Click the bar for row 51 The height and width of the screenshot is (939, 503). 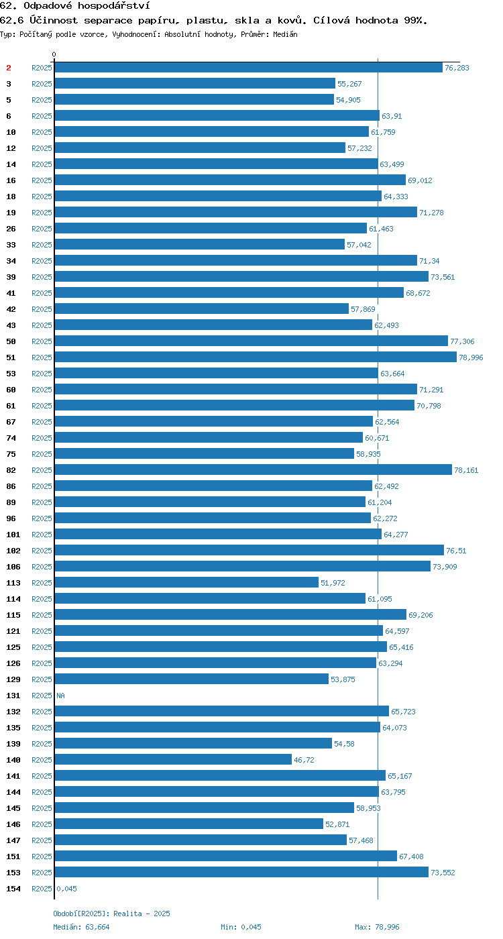[x=256, y=357]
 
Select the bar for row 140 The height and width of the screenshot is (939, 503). [x=173, y=759]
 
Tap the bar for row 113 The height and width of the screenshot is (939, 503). [x=186, y=583]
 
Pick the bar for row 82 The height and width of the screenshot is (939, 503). [x=254, y=470]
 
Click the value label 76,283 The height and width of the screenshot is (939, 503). [x=457, y=68]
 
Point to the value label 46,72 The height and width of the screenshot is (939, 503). [x=304, y=760]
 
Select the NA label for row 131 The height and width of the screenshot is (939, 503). [x=61, y=696]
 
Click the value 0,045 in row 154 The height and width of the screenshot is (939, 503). [x=66, y=889]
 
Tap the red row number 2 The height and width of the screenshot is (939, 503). [x=8, y=68]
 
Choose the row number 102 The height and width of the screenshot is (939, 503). [x=13, y=551]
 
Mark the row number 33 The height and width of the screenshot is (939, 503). [x=11, y=245]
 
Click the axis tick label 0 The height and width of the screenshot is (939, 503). [x=54, y=54]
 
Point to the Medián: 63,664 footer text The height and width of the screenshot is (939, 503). [x=81, y=927]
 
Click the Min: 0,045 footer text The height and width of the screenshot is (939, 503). [x=241, y=927]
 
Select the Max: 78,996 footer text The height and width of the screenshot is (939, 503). [x=377, y=927]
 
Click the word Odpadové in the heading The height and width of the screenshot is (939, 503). [x=48, y=6]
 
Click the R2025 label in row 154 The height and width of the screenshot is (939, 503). [x=42, y=889]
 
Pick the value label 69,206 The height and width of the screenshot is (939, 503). [x=421, y=615]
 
